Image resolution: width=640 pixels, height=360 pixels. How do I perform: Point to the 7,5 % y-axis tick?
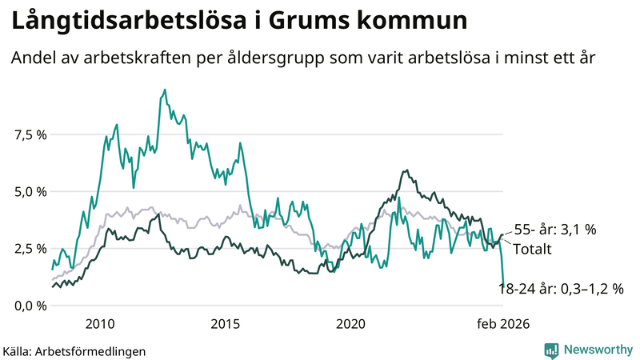(x=31, y=134)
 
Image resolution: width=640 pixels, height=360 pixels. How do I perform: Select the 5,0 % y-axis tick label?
(x=31, y=192)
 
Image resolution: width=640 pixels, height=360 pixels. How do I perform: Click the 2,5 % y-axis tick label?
(x=31, y=249)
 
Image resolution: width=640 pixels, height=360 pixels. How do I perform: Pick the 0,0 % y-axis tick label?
(x=31, y=306)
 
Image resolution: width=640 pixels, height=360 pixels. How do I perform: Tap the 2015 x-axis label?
(x=226, y=324)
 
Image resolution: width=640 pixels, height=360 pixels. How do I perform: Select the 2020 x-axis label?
(x=351, y=324)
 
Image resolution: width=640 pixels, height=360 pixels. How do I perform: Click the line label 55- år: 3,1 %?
(x=555, y=230)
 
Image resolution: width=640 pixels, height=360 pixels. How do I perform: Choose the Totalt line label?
(x=532, y=249)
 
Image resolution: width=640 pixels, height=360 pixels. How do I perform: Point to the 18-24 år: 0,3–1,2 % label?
(x=561, y=289)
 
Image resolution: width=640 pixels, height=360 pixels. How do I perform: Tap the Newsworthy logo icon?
(x=551, y=350)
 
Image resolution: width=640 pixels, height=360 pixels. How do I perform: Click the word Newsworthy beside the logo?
(x=597, y=350)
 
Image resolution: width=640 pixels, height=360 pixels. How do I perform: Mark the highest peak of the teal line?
(x=165, y=90)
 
